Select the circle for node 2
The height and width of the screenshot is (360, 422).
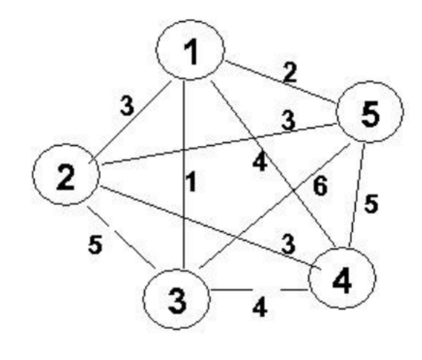coord(66,178)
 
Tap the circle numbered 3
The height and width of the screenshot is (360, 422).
coord(176,298)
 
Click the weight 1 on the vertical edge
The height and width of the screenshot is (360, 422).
coord(192,184)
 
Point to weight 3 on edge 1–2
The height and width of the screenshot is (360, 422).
coord(128,107)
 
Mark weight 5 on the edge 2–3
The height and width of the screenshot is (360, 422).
coord(96,246)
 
